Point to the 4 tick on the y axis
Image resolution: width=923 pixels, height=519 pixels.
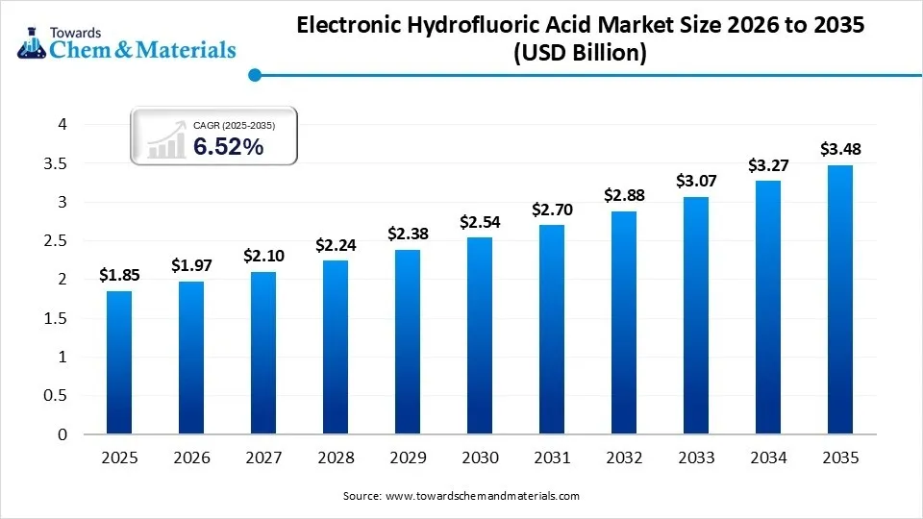pos(62,124)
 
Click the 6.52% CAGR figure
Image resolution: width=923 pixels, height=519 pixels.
pos(229,147)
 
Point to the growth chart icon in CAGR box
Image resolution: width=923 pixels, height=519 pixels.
pos(165,139)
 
